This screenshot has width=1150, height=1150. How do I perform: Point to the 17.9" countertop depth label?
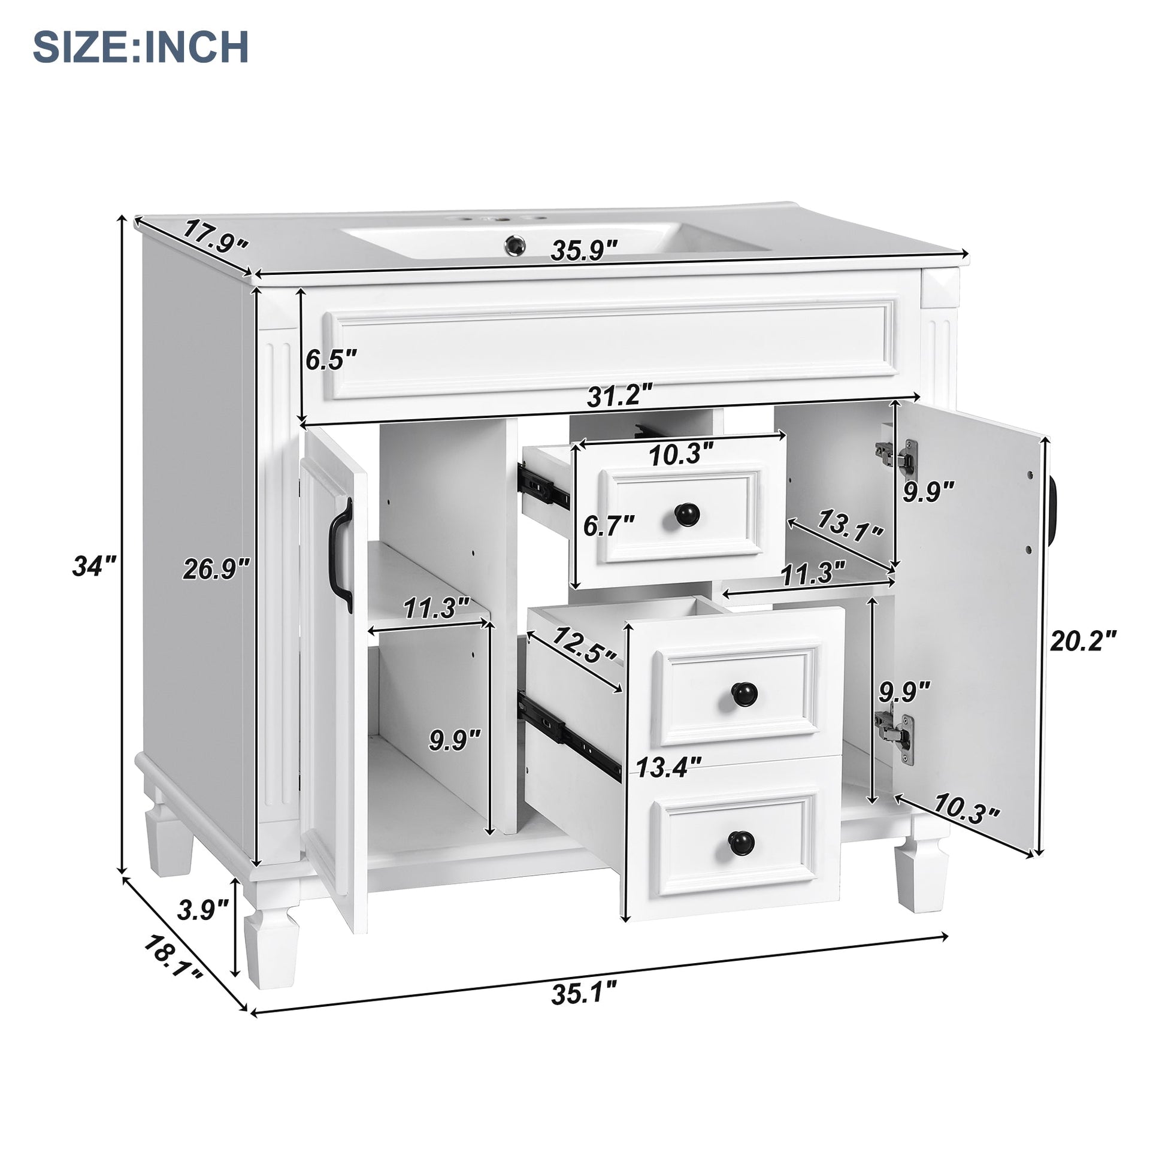(214, 235)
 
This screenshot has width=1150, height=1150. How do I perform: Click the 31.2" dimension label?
(619, 396)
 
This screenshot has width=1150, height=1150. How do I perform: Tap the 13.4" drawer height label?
(669, 767)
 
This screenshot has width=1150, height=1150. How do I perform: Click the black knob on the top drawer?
(682, 512)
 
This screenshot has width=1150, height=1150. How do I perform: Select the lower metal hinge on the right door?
(897, 737)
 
